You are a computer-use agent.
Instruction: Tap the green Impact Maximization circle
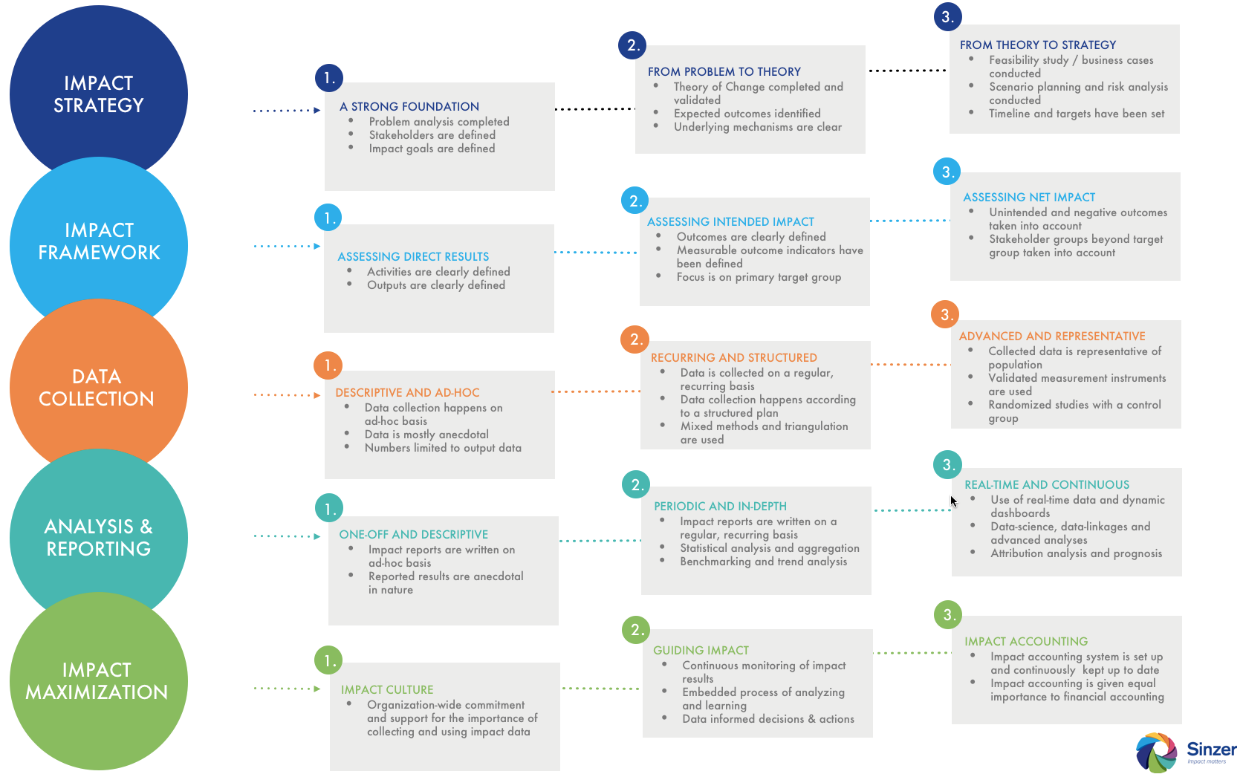pos(99,681)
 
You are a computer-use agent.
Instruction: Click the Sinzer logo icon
pos(1156,752)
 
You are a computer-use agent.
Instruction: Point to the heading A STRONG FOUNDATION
pos(409,106)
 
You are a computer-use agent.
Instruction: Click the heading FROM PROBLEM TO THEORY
pos(724,71)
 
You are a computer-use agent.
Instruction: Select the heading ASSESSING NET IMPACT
pos(1029,198)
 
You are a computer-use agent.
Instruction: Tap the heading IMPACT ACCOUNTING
pos(1026,642)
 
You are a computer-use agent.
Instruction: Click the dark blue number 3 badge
pos(948,16)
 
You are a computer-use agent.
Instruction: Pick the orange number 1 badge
pos(328,365)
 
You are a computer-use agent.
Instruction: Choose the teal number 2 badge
pos(637,485)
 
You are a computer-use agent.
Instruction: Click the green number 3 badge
pos(948,614)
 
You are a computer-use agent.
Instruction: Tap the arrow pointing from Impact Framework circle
pos(288,246)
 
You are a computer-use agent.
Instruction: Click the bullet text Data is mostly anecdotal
pos(426,435)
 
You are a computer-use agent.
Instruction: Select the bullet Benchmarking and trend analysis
pos(764,562)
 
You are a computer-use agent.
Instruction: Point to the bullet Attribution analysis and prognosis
pos(1076,553)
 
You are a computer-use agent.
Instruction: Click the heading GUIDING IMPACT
pos(701,651)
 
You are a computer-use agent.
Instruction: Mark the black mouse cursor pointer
pos(953,501)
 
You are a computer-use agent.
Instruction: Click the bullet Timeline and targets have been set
pos(1077,114)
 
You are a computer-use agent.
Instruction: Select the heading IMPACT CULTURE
pos(387,690)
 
